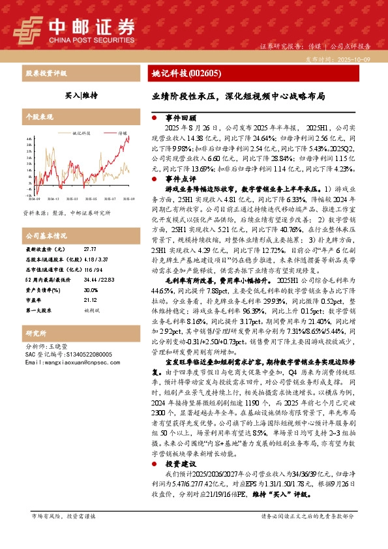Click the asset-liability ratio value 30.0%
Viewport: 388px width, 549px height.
[x=91, y=290]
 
